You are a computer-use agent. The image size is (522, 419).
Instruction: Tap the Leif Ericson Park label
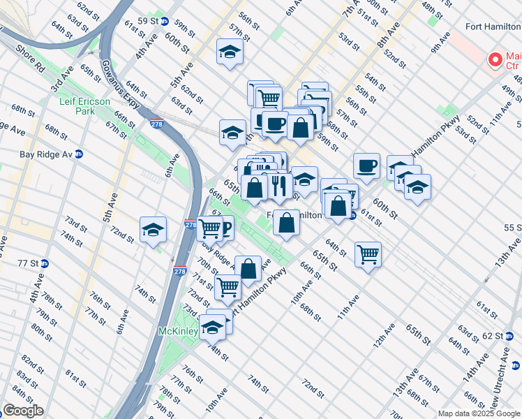coord(84,106)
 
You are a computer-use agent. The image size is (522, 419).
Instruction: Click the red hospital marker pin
coord(496,60)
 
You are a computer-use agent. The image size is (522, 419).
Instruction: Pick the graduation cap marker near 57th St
coord(229,52)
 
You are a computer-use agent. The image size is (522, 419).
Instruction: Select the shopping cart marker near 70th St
coord(228,286)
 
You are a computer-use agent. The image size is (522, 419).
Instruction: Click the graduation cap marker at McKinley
coord(212,327)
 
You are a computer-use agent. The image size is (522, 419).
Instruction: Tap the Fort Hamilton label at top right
coord(493,27)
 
